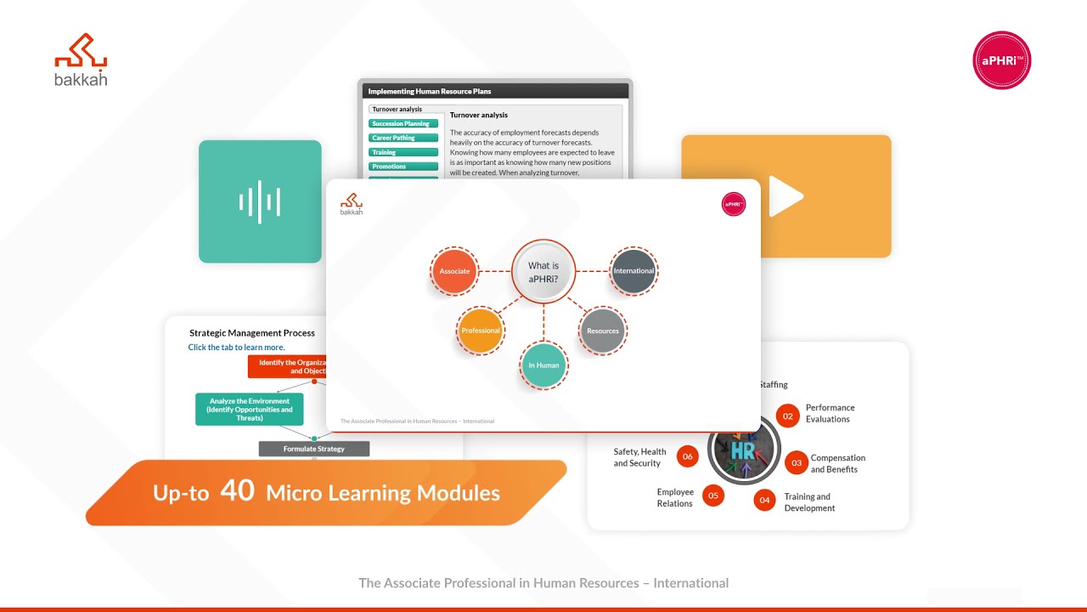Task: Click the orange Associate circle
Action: pyautogui.click(x=454, y=271)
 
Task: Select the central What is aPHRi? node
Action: pyautogui.click(x=543, y=271)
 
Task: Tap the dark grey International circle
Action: pyautogui.click(x=634, y=271)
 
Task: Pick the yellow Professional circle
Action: pyautogui.click(x=481, y=331)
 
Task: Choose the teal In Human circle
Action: pyautogui.click(x=543, y=365)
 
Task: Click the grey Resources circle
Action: pyautogui.click(x=603, y=331)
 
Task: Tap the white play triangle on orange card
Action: pyautogui.click(x=786, y=196)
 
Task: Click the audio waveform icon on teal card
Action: pyautogui.click(x=260, y=201)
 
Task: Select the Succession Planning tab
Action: pyautogui.click(x=403, y=124)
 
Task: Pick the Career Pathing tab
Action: pyautogui.click(x=403, y=138)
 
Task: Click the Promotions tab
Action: pyautogui.click(x=403, y=167)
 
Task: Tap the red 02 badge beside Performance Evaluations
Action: pyautogui.click(x=788, y=416)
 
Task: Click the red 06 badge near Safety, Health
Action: pyautogui.click(x=687, y=456)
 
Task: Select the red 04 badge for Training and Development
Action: pyautogui.click(x=764, y=500)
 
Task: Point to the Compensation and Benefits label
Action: pyautogui.click(x=837, y=463)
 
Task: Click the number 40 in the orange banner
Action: pyautogui.click(x=237, y=490)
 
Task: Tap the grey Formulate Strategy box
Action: pyautogui.click(x=314, y=448)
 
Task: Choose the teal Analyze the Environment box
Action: pyautogui.click(x=249, y=409)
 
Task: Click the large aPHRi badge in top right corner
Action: pyautogui.click(x=1001, y=60)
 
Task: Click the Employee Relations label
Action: pyautogui.click(x=675, y=497)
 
